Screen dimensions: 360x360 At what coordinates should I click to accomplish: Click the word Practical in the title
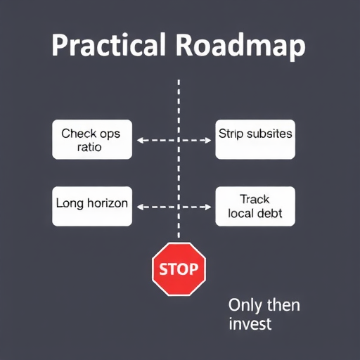(109, 44)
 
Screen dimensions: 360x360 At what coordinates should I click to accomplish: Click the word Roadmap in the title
(240, 47)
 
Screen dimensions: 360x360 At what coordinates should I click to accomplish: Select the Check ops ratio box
(92, 139)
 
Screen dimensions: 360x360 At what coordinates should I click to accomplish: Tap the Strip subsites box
(255, 139)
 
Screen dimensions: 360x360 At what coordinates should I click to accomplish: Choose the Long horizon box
(92, 206)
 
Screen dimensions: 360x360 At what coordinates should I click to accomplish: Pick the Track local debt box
(255, 206)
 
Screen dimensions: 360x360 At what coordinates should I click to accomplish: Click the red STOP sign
(179, 269)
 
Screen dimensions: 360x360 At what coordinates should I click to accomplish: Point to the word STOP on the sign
(179, 269)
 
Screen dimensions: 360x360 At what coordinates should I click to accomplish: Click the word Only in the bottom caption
(245, 306)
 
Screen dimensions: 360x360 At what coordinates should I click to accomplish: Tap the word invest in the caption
(250, 323)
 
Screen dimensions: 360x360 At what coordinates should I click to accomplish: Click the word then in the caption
(283, 305)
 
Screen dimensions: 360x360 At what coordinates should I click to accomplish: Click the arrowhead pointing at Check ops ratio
(140, 141)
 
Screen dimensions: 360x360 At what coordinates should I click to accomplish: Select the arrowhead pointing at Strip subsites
(208, 141)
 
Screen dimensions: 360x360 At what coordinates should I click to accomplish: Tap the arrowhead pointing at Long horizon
(140, 207)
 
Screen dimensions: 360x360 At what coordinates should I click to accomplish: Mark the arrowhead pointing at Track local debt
(208, 207)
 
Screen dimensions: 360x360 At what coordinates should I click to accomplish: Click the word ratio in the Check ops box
(89, 147)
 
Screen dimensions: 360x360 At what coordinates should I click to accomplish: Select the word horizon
(108, 202)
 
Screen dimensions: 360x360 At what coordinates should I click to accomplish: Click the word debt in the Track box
(270, 213)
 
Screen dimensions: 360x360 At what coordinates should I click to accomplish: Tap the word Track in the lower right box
(255, 200)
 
